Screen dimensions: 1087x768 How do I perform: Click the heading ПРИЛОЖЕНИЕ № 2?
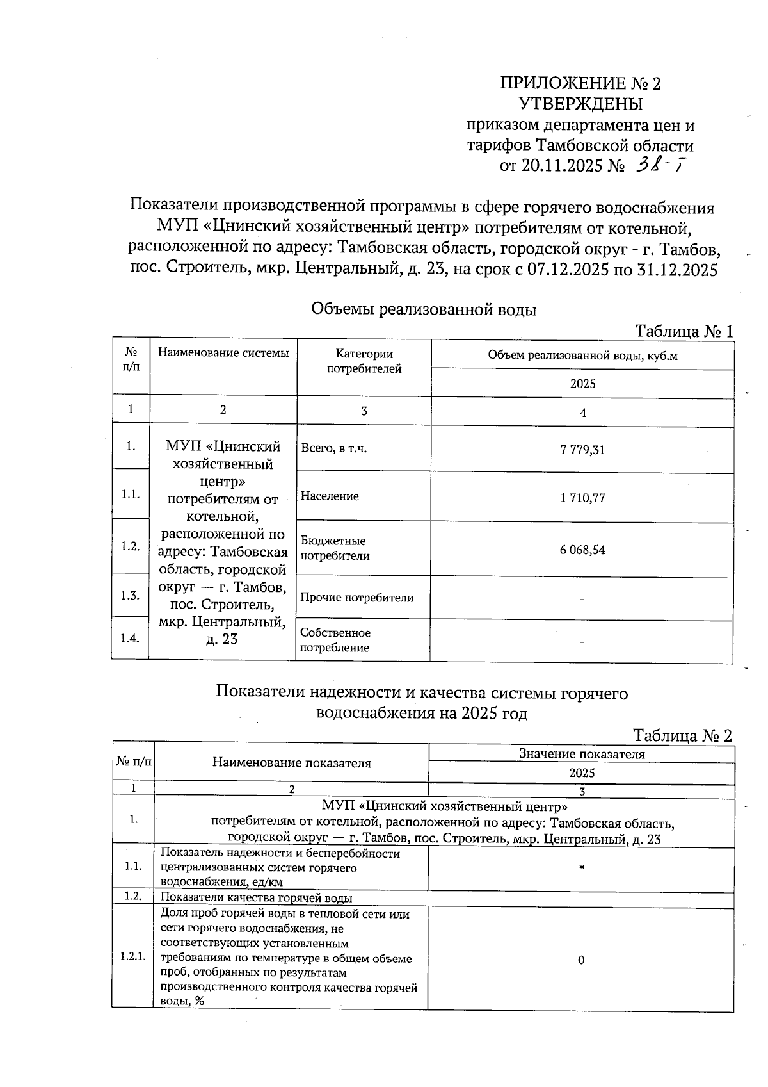(580, 83)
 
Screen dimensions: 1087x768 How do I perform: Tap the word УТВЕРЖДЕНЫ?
(580, 104)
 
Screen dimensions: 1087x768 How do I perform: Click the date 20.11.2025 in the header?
(562, 167)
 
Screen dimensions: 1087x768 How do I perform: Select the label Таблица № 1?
(684, 331)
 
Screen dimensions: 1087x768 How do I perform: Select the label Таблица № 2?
(682, 735)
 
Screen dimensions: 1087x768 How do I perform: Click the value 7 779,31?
(582, 450)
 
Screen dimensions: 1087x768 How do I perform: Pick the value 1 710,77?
(582, 498)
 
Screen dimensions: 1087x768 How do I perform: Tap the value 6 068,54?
(582, 550)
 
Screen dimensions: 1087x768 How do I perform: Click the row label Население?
(330, 496)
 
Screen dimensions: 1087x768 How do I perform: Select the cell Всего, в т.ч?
(333, 448)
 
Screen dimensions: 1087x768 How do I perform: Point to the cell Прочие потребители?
(357, 598)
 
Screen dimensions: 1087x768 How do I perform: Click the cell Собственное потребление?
(335, 640)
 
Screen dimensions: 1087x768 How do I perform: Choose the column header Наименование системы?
(223, 353)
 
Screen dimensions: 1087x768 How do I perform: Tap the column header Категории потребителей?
(364, 361)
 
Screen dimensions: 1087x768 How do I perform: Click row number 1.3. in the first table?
(131, 595)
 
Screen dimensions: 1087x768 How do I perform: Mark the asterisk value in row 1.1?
(581, 868)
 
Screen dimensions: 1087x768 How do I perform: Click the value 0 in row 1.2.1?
(581, 960)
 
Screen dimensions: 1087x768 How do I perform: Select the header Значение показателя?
(581, 754)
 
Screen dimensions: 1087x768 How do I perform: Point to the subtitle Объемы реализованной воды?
(424, 310)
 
